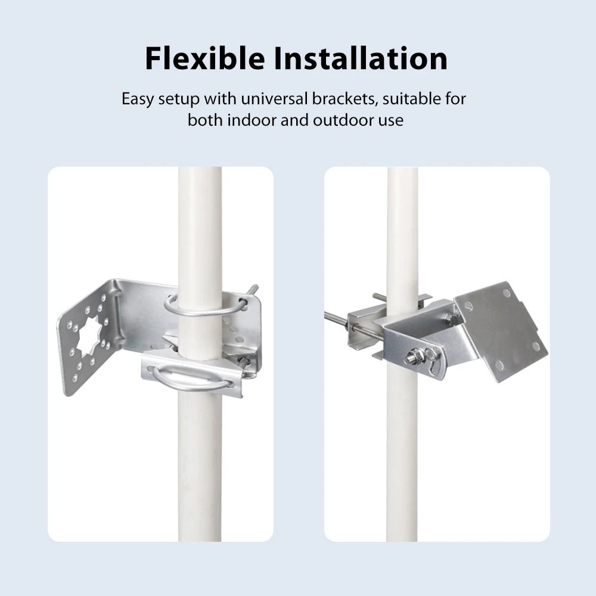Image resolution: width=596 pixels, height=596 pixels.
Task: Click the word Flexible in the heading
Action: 205,58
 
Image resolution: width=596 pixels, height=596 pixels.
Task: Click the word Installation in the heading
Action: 361,58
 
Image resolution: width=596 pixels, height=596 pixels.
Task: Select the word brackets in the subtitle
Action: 345,99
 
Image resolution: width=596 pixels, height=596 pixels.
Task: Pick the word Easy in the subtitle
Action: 138,100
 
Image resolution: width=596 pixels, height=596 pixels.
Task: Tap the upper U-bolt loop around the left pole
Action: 205,307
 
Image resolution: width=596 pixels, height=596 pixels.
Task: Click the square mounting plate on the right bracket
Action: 501,331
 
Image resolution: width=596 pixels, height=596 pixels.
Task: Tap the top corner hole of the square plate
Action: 506,293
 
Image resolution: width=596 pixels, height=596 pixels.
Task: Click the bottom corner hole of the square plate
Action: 499,366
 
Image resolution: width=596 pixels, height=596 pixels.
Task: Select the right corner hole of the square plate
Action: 536,346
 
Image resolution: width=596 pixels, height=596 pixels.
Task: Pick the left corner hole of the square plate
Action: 468,306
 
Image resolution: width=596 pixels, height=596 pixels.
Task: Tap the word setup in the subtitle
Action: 179,100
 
